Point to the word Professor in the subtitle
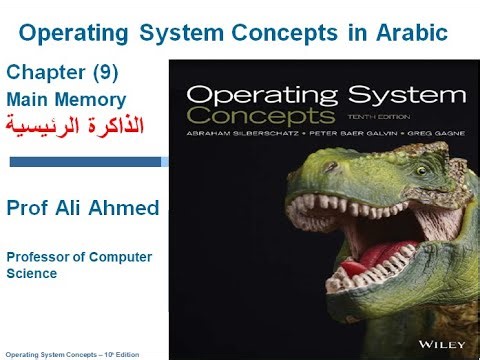tap(39, 257)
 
